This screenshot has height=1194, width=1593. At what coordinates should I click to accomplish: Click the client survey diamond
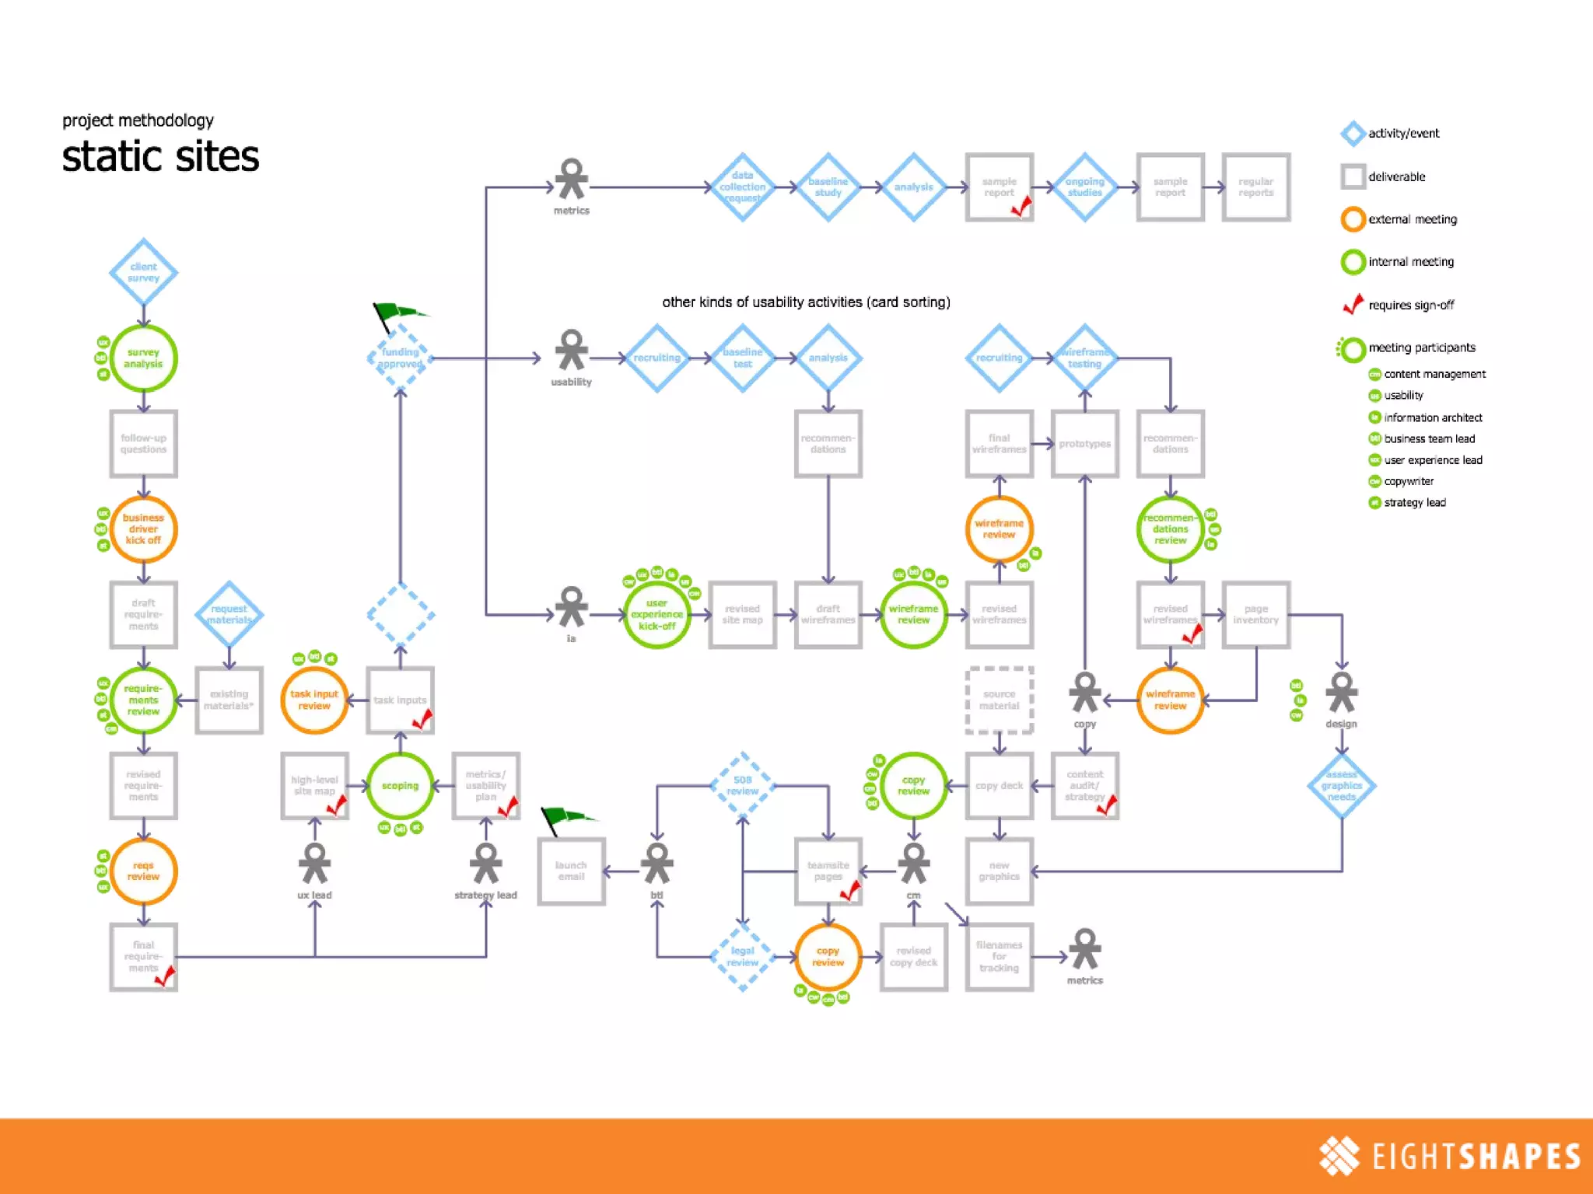(143, 272)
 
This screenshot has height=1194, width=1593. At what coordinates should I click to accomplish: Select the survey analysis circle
(143, 358)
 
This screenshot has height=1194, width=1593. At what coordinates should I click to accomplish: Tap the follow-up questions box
(143, 444)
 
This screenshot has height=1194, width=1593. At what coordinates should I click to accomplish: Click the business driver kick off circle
(143, 529)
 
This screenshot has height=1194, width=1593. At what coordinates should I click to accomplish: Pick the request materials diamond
(229, 614)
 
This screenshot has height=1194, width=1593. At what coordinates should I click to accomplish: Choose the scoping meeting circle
(400, 786)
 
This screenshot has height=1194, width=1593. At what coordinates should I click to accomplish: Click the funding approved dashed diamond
(400, 358)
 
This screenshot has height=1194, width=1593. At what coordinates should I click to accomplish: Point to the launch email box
(571, 871)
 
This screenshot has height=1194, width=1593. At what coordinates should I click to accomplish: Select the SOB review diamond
(743, 786)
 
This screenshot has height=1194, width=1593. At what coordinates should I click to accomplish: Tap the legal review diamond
(743, 957)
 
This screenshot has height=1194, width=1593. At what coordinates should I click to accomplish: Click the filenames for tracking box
(1000, 957)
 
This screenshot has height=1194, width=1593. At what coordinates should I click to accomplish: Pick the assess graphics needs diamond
(1342, 786)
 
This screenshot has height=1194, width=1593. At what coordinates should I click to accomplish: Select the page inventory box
(1256, 615)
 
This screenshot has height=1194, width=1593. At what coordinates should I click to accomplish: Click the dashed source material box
(1000, 700)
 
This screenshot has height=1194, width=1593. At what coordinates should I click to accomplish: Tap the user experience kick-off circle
(656, 615)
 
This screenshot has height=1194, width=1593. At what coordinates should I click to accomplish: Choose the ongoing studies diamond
(1085, 187)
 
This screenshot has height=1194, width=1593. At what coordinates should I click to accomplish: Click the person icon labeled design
(1342, 693)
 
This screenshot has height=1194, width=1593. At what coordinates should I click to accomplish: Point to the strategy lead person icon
(486, 864)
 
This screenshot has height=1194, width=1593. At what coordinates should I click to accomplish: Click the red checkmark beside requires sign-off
(1353, 304)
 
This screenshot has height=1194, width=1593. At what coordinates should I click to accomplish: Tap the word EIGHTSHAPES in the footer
(1476, 1157)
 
